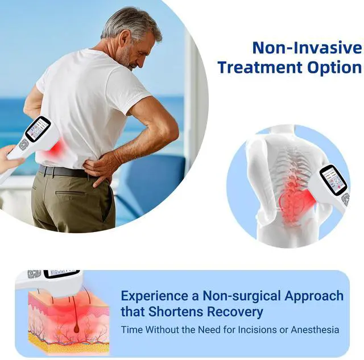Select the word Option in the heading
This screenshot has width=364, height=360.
334,67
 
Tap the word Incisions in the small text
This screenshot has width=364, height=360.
257,329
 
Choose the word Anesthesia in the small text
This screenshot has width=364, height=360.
315,329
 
